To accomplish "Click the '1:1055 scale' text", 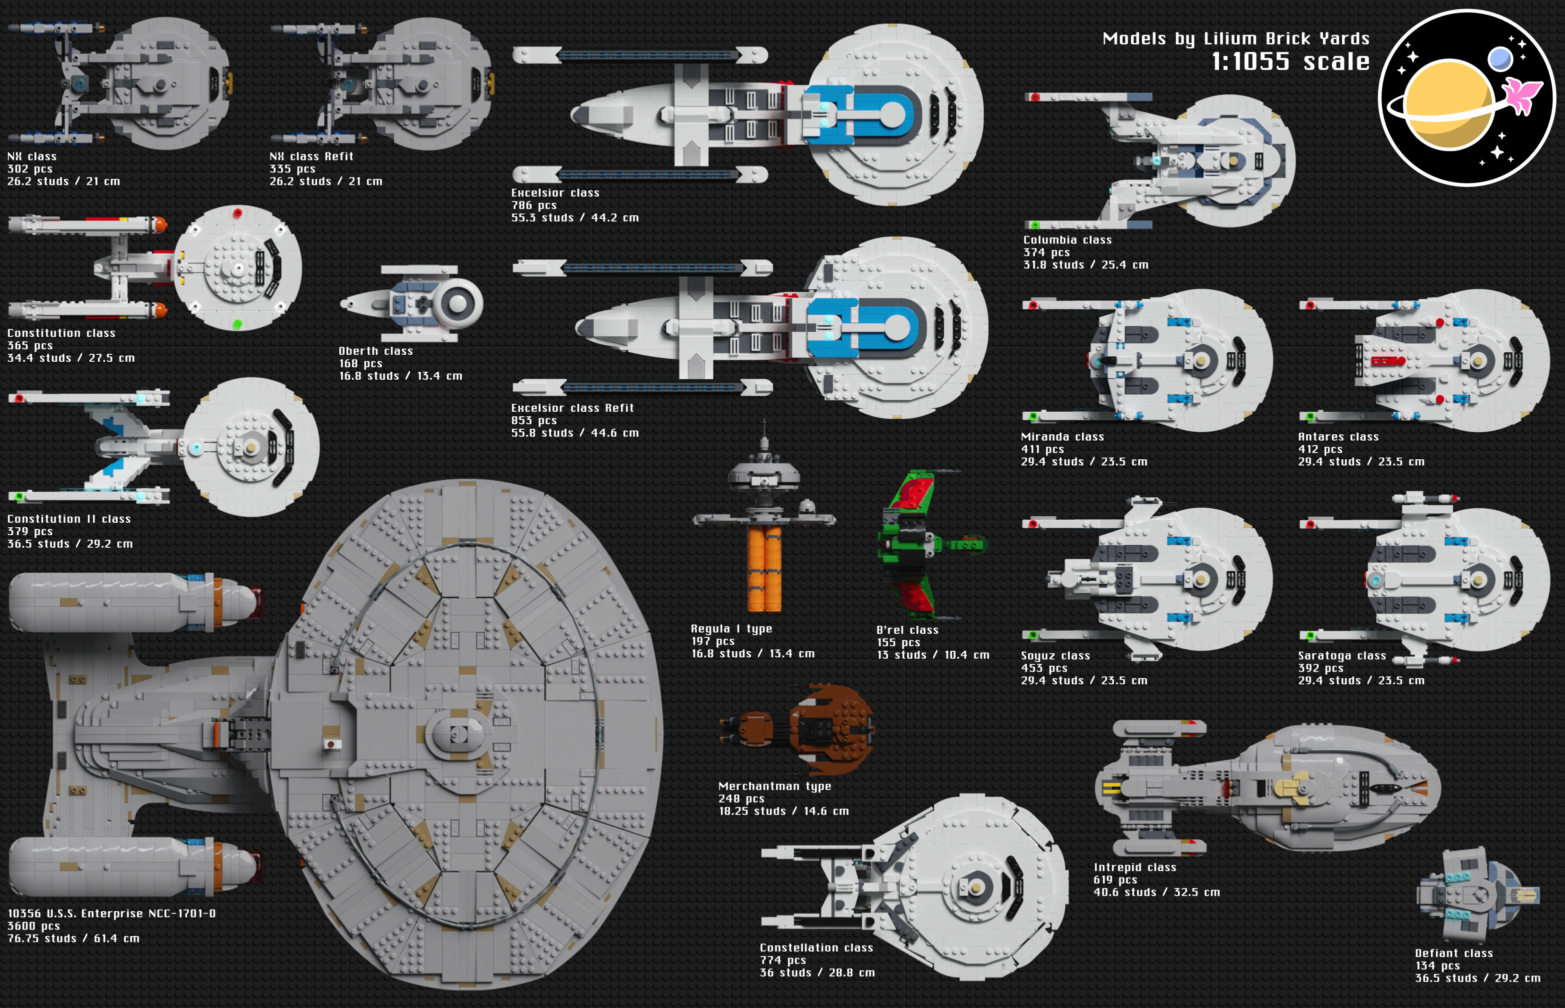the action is click(x=1290, y=61).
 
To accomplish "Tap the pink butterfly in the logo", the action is click(x=1523, y=96).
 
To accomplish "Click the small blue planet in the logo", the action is click(x=1500, y=59).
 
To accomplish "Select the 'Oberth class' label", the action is click(x=376, y=351).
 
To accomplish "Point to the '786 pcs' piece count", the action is click(x=533, y=205).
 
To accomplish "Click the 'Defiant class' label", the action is click(x=1453, y=953).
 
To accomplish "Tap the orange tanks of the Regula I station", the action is click(x=764, y=568).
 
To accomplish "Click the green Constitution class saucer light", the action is click(x=237, y=324).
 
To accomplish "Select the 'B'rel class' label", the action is click(x=907, y=630).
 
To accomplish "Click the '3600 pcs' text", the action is click(x=33, y=926).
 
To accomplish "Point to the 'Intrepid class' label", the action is click(x=1135, y=867).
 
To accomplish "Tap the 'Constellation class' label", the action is click(x=816, y=948).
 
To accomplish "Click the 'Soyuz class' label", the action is click(x=1055, y=656).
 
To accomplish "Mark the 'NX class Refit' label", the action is click(x=311, y=156).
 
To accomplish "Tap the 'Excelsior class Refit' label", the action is click(x=572, y=408).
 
